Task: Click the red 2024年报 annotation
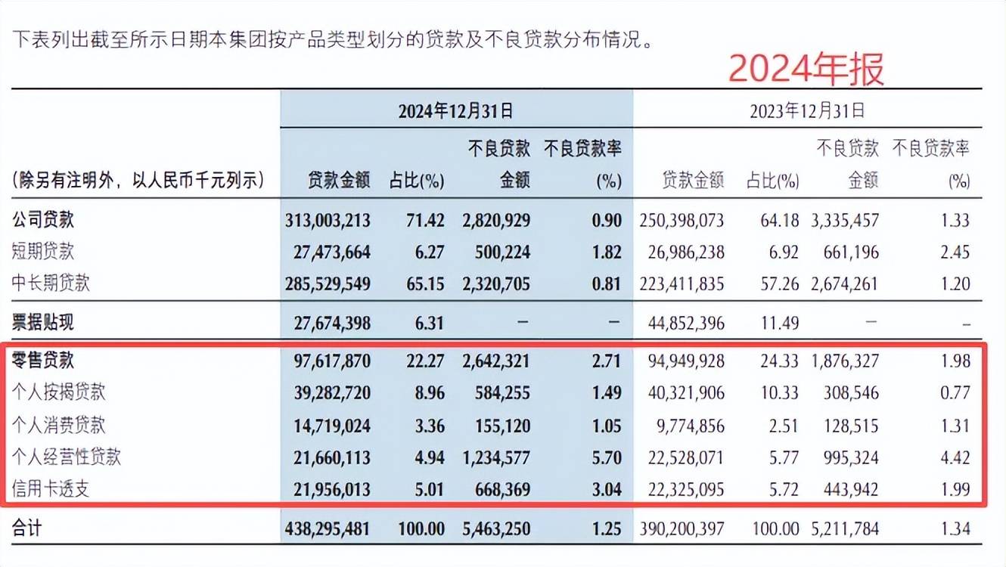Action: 806,69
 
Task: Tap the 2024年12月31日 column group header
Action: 455,111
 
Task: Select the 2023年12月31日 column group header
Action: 807,110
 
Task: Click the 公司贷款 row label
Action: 42,220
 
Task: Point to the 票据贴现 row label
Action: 42,322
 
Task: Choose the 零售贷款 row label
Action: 42,361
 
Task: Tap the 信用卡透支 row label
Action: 50,489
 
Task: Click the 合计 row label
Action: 27,528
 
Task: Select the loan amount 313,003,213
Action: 328,221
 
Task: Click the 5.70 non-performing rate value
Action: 607,458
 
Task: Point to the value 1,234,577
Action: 496,458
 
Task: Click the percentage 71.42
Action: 425,221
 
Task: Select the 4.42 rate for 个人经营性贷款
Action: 955,458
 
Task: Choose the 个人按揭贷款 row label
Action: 58,392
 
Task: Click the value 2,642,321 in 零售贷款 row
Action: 496,361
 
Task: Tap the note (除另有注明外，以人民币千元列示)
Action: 138,181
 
